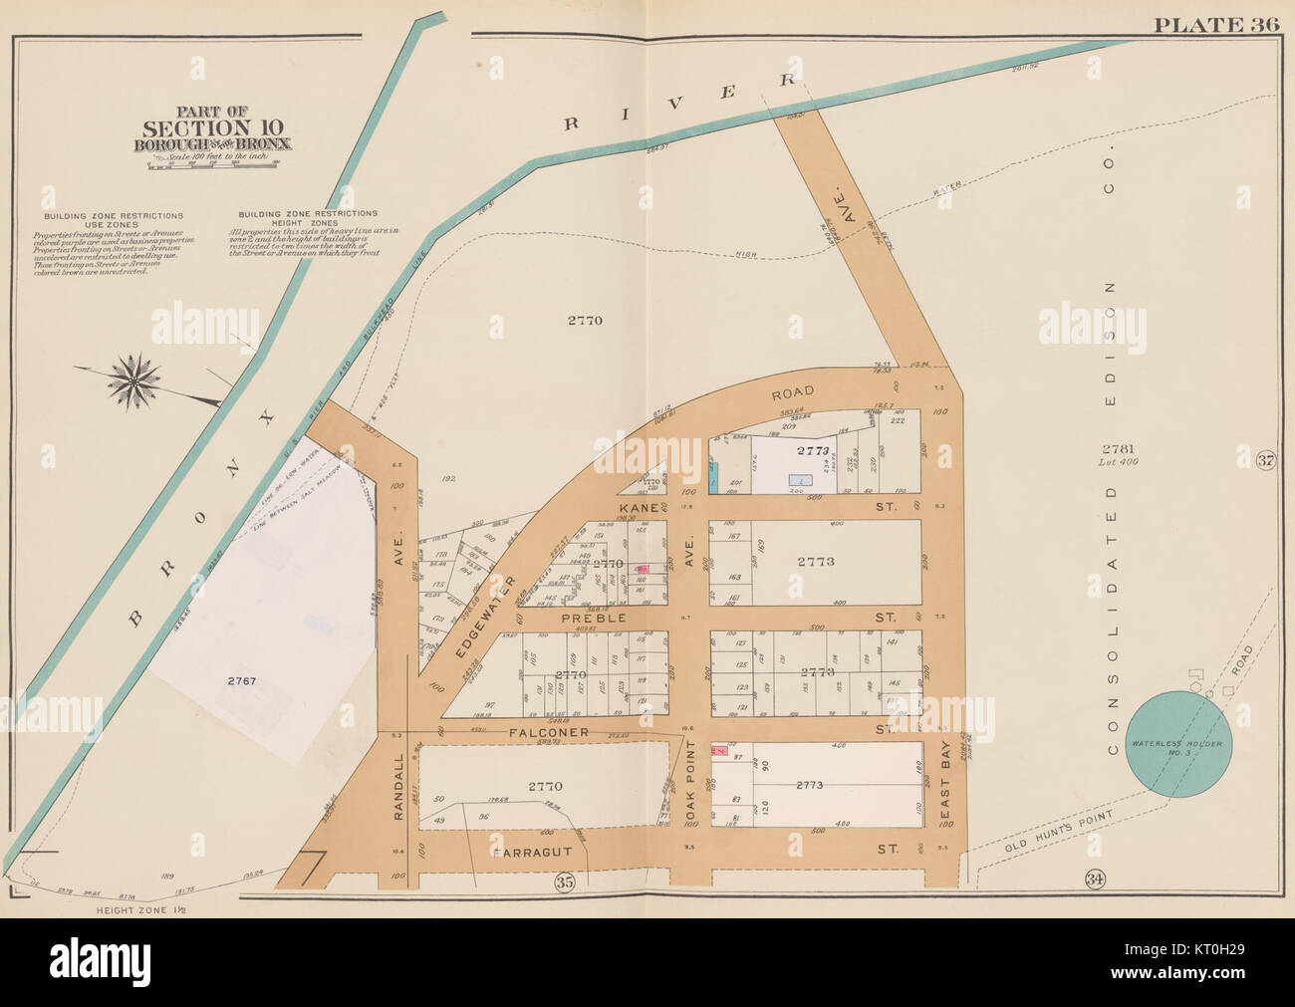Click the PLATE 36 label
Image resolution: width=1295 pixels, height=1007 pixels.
[x=1215, y=25]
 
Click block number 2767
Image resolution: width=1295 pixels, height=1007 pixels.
[x=241, y=681]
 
